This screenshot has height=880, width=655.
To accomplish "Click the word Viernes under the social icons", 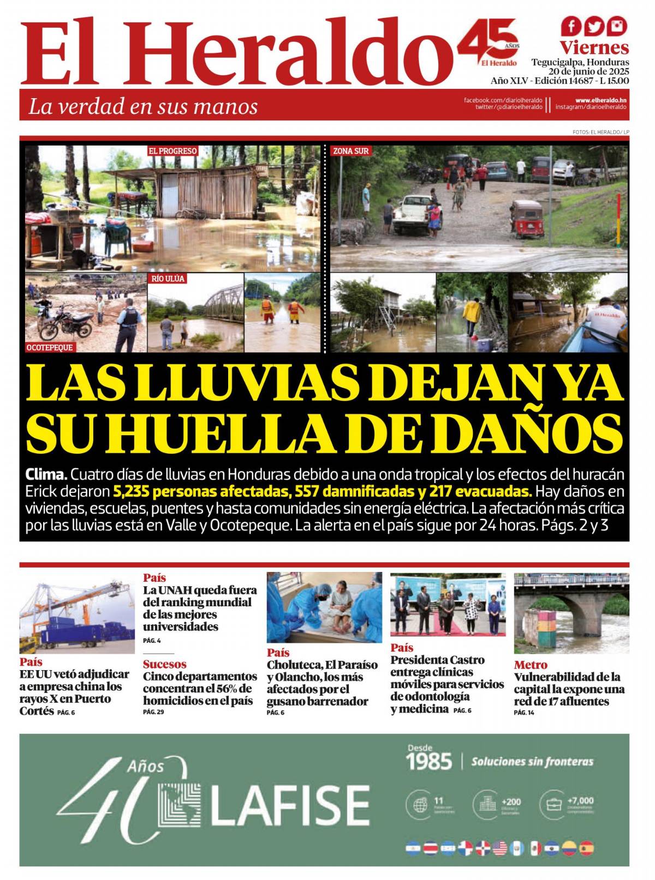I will point(594,47).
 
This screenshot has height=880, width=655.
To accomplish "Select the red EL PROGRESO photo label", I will point(172,150).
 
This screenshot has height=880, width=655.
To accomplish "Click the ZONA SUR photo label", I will point(351,150).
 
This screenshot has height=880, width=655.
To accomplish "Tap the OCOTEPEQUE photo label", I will point(50,347).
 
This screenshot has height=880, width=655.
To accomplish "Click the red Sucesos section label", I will point(164,664).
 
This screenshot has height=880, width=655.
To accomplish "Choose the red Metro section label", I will point(530,665).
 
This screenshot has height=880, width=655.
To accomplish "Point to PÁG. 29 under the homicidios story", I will point(151,712).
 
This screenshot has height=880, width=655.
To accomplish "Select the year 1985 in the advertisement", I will point(430,761).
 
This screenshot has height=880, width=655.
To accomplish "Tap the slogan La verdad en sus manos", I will point(143,106).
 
